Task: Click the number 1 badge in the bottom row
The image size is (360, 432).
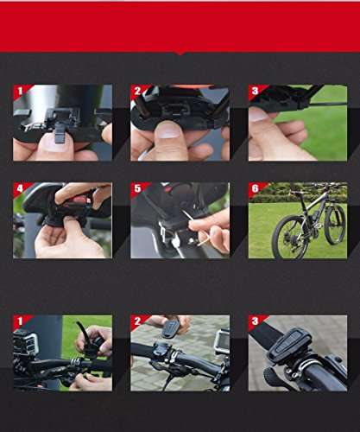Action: [x=20, y=322]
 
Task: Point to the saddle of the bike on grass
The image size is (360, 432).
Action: [x=297, y=193]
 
